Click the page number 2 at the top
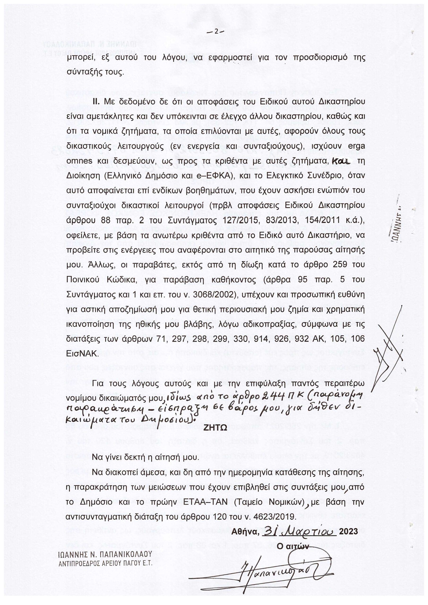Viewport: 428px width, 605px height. point(216,32)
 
